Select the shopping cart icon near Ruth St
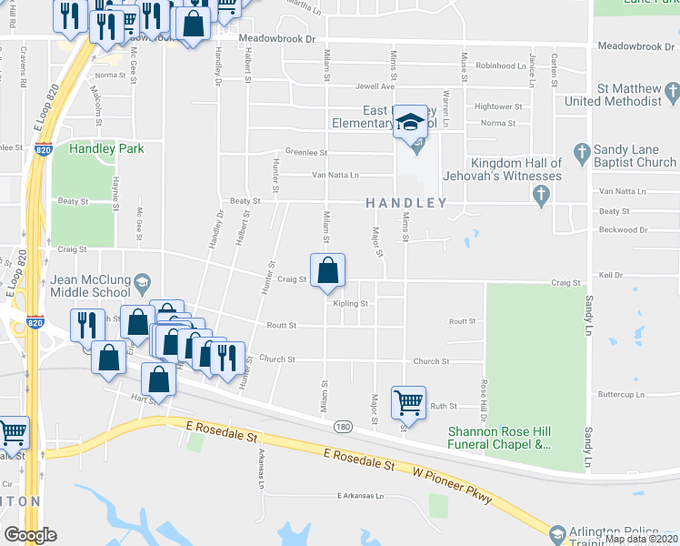point(408,400)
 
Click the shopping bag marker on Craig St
point(327,271)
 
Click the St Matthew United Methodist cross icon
point(672,91)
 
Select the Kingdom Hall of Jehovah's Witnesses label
point(504,169)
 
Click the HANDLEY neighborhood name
point(406,203)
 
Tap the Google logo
point(30,535)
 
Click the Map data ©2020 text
point(641,539)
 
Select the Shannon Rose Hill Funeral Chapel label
point(499,438)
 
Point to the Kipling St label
point(350,304)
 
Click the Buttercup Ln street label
point(622,395)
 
